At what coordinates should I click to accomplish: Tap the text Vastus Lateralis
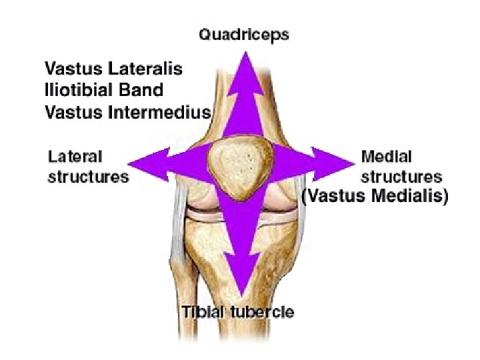coord(113,69)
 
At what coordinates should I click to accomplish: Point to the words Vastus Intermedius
coord(127,112)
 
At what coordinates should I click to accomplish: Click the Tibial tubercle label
coord(238,311)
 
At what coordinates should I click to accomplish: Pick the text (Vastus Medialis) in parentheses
coord(375,197)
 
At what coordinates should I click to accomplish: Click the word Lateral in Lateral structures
coord(75,157)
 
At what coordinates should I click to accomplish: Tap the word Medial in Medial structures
coord(387,157)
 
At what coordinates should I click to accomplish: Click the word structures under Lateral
coord(88,177)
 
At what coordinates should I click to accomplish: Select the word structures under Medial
coord(401,177)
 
